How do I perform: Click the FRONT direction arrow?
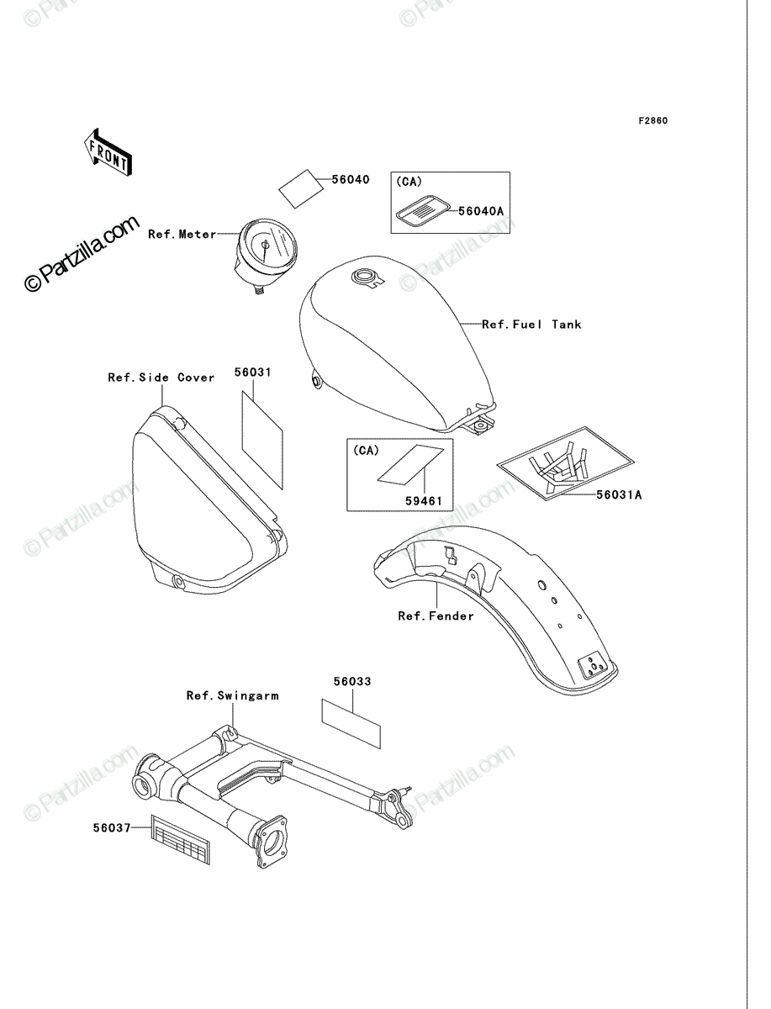click(108, 153)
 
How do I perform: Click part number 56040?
click(351, 180)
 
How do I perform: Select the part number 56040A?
click(481, 211)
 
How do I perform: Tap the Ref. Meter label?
click(182, 235)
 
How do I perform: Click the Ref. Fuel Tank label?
click(531, 325)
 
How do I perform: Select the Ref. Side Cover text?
click(161, 378)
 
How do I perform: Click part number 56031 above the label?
click(253, 372)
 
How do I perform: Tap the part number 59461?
click(423, 501)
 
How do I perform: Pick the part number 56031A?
click(619, 494)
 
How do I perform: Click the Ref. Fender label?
click(436, 616)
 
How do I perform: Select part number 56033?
click(352, 681)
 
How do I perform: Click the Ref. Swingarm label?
click(233, 695)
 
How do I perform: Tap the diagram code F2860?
click(653, 121)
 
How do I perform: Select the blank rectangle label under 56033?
click(351, 724)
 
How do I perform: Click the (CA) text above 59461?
click(366, 451)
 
